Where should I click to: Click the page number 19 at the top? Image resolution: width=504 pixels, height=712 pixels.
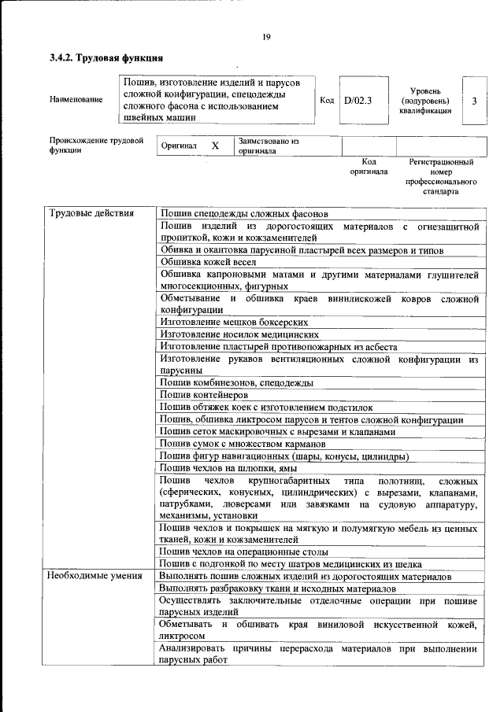266,36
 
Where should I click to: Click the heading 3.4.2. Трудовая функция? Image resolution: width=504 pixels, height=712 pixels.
106,57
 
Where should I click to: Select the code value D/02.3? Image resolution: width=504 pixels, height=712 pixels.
358,100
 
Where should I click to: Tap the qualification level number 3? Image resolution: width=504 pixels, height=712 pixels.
473,101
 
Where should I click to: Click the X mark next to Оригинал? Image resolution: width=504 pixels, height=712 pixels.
214,146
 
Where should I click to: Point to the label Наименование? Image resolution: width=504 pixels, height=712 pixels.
76,100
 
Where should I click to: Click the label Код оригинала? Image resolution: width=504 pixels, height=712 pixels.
369,166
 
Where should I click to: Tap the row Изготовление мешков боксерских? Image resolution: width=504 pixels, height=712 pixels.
234,322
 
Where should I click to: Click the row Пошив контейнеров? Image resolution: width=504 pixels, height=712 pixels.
204,394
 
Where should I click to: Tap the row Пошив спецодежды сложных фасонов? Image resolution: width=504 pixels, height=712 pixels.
244,213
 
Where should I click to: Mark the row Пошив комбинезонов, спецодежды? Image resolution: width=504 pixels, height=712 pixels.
237,382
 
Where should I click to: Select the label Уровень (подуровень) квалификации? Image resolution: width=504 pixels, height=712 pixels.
425,101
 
